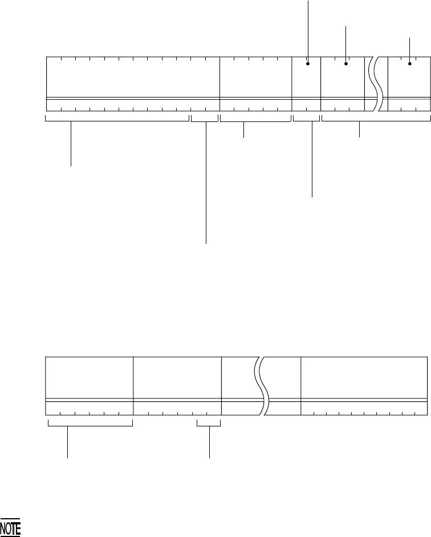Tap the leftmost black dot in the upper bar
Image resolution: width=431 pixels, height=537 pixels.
[x=308, y=64]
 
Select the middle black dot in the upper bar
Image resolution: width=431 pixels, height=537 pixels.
[x=346, y=64]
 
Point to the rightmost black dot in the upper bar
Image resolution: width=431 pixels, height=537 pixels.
[x=410, y=64]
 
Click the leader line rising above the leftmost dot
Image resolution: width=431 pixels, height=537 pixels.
[x=308, y=29]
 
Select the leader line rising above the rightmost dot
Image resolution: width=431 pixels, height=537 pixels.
[x=410, y=49]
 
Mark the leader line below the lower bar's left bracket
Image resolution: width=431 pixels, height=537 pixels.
[x=68, y=442]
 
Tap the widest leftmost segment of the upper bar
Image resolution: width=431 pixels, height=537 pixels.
[x=133, y=77]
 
